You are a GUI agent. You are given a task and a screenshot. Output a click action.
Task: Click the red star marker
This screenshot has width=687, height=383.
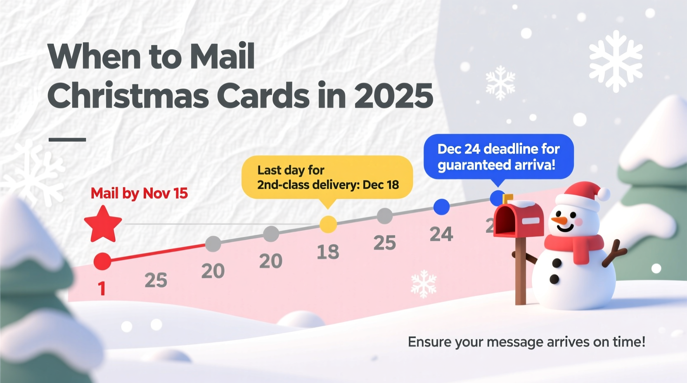tap(103, 225)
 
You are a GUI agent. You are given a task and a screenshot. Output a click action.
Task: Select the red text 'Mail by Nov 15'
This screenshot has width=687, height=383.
tap(139, 193)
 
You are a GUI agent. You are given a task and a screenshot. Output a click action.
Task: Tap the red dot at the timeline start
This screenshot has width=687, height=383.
tap(102, 261)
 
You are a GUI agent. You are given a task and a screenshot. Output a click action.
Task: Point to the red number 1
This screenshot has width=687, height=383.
tap(102, 288)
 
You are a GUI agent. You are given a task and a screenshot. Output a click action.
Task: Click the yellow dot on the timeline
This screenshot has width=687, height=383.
tap(328, 225)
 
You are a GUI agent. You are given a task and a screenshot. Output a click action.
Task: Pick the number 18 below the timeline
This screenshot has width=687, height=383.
tap(328, 252)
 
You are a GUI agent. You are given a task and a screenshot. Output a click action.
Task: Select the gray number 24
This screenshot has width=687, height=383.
tap(441, 234)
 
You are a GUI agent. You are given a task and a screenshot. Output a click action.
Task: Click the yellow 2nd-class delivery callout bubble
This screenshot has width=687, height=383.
tap(327, 177)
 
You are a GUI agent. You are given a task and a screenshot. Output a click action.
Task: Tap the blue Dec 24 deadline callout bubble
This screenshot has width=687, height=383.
tap(498, 157)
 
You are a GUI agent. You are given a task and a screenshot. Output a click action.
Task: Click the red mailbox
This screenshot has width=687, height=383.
tap(519, 220)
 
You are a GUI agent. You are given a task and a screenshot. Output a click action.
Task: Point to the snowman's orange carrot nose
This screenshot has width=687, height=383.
tap(559, 220)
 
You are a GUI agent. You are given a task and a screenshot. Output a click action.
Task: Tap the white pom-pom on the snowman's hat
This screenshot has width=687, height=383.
tap(604, 194)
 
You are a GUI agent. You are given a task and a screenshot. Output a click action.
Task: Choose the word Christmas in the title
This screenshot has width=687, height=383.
tap(128, 96)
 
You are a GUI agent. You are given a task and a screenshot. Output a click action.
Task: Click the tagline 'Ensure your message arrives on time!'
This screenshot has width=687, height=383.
tap(526, 342)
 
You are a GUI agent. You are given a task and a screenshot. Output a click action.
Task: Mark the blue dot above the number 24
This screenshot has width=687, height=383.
tap(441, 207)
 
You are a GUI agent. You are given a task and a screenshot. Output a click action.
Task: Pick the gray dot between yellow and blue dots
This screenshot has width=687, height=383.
tap(385, 216)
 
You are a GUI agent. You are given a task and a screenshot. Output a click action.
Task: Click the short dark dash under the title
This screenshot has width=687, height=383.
tap(67, 139)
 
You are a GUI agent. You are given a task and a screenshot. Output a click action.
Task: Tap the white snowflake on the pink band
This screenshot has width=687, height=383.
tap(424, 284)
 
